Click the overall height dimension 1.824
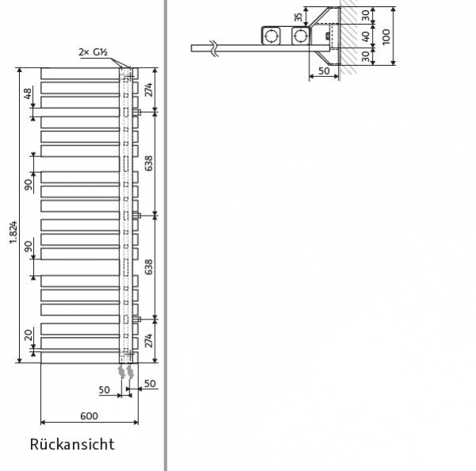click(12, 232)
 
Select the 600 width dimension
click(89, 415)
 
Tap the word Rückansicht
click(72, 444)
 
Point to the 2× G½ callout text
click(93, 52)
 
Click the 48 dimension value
click(29, 94)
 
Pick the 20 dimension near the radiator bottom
click(29, 335)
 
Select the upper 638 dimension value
click(148, 163)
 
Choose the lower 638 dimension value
click(148, 266)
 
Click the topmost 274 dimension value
click(148, 90)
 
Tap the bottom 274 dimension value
click(148, 341)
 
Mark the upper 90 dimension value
click(29, 185)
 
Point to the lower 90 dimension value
click(29, 247)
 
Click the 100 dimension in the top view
click(386, 36)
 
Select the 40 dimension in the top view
click(366, 36)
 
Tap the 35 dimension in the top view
click(298, 17)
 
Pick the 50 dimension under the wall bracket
click(324, 71)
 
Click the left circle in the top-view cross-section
click(272, 36)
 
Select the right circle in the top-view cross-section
click(300, 36)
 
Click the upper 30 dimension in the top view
click(366, 14)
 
